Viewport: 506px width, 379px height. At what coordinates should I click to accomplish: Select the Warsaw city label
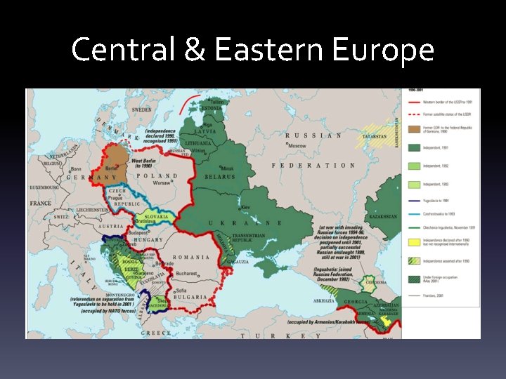(163, 182)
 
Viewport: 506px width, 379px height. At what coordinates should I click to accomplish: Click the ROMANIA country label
(195, 257)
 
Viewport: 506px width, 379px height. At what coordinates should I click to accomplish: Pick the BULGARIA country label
(191, 297)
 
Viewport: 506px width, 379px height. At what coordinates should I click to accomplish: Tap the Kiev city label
(245, 207)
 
